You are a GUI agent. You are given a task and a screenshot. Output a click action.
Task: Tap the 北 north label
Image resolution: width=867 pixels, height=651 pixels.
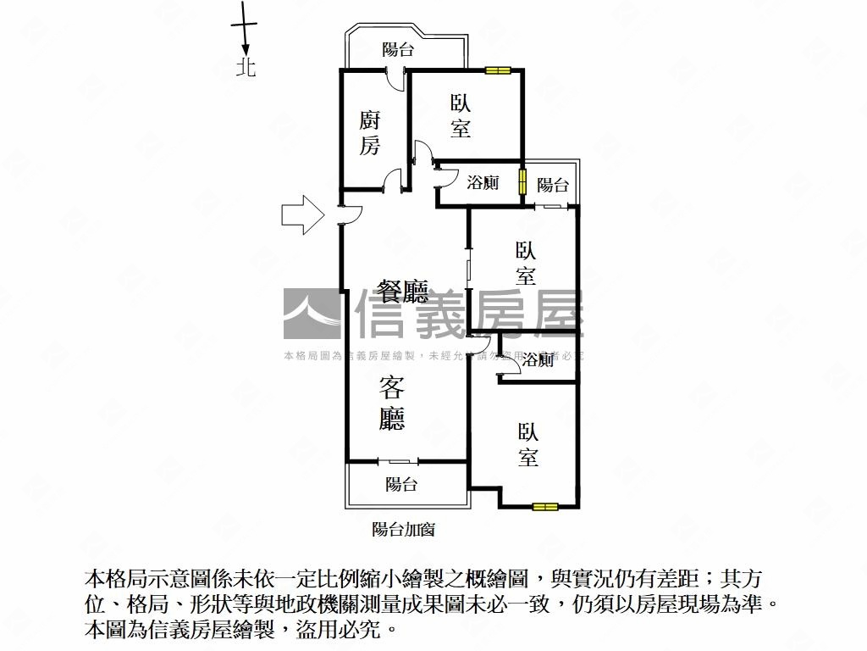246,67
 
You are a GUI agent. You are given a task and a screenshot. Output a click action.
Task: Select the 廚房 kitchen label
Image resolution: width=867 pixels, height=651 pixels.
369,132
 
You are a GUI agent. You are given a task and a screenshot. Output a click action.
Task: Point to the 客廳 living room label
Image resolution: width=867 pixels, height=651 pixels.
391,403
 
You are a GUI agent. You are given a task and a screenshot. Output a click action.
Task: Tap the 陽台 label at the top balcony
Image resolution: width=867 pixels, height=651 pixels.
397,50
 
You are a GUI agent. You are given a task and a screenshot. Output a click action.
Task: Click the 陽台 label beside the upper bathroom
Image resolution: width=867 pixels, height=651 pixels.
553,185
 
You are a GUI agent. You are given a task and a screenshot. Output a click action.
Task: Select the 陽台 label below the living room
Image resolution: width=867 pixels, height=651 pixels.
401,485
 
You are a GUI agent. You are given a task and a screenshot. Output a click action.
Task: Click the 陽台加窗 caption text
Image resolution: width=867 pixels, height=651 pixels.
404,530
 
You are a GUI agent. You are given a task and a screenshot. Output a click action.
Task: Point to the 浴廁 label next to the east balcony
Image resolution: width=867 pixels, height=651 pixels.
483,182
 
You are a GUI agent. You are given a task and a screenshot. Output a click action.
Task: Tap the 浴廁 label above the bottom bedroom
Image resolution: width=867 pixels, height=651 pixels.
538,360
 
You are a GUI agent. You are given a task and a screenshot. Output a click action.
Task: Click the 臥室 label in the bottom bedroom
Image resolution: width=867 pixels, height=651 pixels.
528,445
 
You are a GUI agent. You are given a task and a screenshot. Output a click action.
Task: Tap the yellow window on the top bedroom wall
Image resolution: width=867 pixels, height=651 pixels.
497,70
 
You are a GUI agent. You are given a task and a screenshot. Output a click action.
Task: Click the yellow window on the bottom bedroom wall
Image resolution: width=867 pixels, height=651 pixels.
545,507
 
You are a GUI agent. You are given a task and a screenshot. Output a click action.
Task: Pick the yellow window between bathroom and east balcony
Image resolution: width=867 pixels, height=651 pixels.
523,181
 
